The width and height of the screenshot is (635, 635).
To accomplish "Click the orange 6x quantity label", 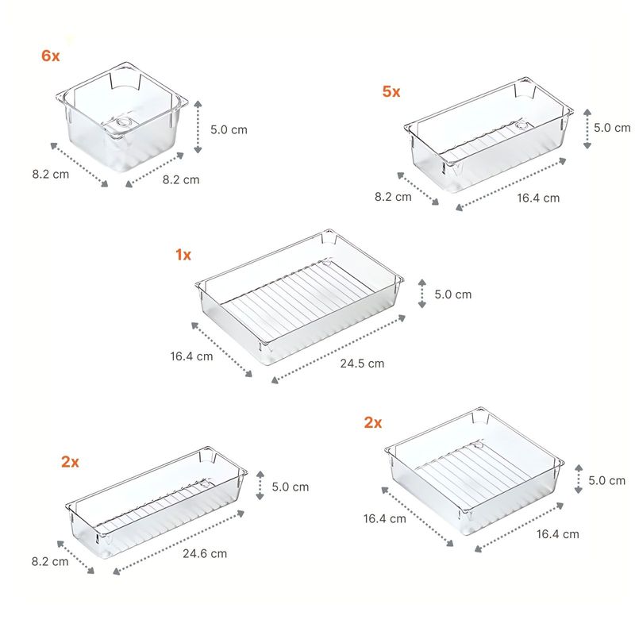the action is click(x=51, y=56).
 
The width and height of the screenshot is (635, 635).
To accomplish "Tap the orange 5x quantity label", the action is click(x=391, y=91).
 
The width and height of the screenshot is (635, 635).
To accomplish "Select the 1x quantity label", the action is click(x=183, y=255).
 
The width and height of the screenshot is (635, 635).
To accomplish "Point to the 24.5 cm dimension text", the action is click(x=362, y=364).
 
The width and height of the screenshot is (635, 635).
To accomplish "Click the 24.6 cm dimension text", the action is click(x=205, y=553).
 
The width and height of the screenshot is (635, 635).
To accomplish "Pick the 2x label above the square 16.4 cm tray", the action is click(x=373, y=422).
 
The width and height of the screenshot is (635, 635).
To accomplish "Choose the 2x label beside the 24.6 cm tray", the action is click(x=70, y=462).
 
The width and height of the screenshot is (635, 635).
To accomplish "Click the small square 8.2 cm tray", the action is click(x=122, y=117).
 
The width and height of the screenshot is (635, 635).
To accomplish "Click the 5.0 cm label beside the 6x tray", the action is click(x=229, y=129).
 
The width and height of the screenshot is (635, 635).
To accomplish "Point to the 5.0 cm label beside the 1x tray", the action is click(x=453, y=294).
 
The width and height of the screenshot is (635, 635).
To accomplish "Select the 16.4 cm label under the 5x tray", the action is click(x=538, y=198).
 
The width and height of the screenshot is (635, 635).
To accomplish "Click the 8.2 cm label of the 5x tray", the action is click(x=393, y=197).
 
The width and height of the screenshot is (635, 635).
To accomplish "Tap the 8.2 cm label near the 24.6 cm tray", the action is click(x=50, y=562).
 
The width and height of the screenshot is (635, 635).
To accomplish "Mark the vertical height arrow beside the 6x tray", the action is click(x=198, y=127).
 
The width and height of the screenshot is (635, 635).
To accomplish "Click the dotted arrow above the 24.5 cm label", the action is click(x=339, y=349).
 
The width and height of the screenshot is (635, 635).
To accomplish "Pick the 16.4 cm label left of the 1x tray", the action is click(x=191, y=356).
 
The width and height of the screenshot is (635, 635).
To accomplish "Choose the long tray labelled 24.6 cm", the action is click(x=156, y=502).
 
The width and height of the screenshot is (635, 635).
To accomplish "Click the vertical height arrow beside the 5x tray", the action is click(x=587, y=129).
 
